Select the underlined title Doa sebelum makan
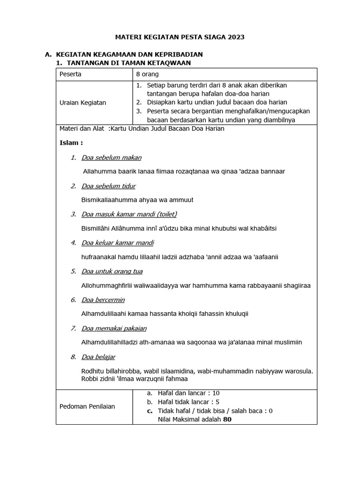pyautogui.click(x=111, y=157)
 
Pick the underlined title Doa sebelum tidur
pyautogui.click(x=108, y=186)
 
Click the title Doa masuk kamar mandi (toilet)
pyautogui.click(x=129, y=214)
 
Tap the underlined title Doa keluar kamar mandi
pyautogui.click(x=117, y=243)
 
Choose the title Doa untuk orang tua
pyautogui.click(x=112, y=271)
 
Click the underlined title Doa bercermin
pyautogui.click(x=103, y=300)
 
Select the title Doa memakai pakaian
pyautogui.click(x=113, y=328)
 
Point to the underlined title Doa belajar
pyautogui.click(x=98, y=357)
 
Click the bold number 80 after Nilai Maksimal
pyautogui.click(x=227, y=420)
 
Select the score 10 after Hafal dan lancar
pyautogui.click(x=216, y=393)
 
